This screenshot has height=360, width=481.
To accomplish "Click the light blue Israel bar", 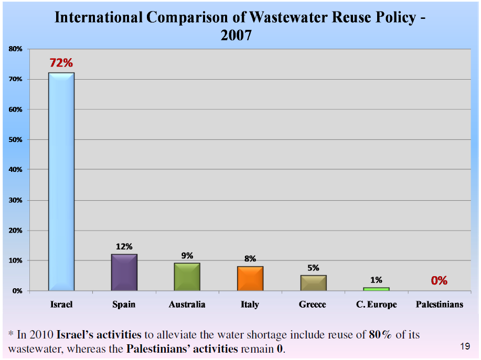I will click(x=61, y=181).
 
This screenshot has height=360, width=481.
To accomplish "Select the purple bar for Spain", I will click(x=124, y=272).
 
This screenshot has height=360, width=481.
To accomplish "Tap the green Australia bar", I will click(x=187, y=277).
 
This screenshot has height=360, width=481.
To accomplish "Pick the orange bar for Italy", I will click(x=250, y=278).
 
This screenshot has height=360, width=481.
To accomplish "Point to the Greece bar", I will click(x=313, y=282).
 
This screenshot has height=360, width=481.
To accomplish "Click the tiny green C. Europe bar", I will click(x=376, y=289).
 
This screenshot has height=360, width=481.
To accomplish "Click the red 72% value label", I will click(x=61, y=63).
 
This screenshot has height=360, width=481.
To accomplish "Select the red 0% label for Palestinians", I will click(x=439, y=281).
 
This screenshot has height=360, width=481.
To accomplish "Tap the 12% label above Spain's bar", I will click(x=124, y=246).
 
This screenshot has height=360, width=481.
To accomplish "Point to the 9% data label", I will click(x=187, y=256).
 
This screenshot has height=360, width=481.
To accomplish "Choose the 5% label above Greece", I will click(x=313, y=268).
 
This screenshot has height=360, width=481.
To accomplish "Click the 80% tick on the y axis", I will click(x=15, y=49).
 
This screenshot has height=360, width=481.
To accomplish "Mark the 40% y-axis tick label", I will click(x=15, y=170).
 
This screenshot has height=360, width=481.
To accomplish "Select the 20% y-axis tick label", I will click(x=15, y=231).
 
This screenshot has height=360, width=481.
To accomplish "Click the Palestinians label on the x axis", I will click(x=439, y=304).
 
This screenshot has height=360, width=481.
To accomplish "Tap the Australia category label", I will click(x=187, y=304).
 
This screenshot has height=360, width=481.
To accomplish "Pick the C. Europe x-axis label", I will click(x=376, y=304).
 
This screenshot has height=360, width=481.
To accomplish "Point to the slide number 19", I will click(x=465, y=346).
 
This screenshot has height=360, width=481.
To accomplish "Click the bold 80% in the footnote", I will click(x=380, y=334).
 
